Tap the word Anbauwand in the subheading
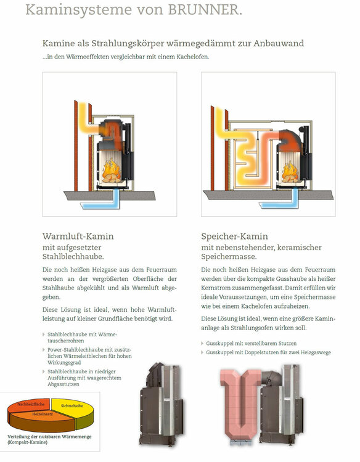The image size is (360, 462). (275, 43)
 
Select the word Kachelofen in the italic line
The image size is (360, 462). (189, 57)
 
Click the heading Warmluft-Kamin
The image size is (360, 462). (78, 236)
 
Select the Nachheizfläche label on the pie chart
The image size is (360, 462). (30, 405)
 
